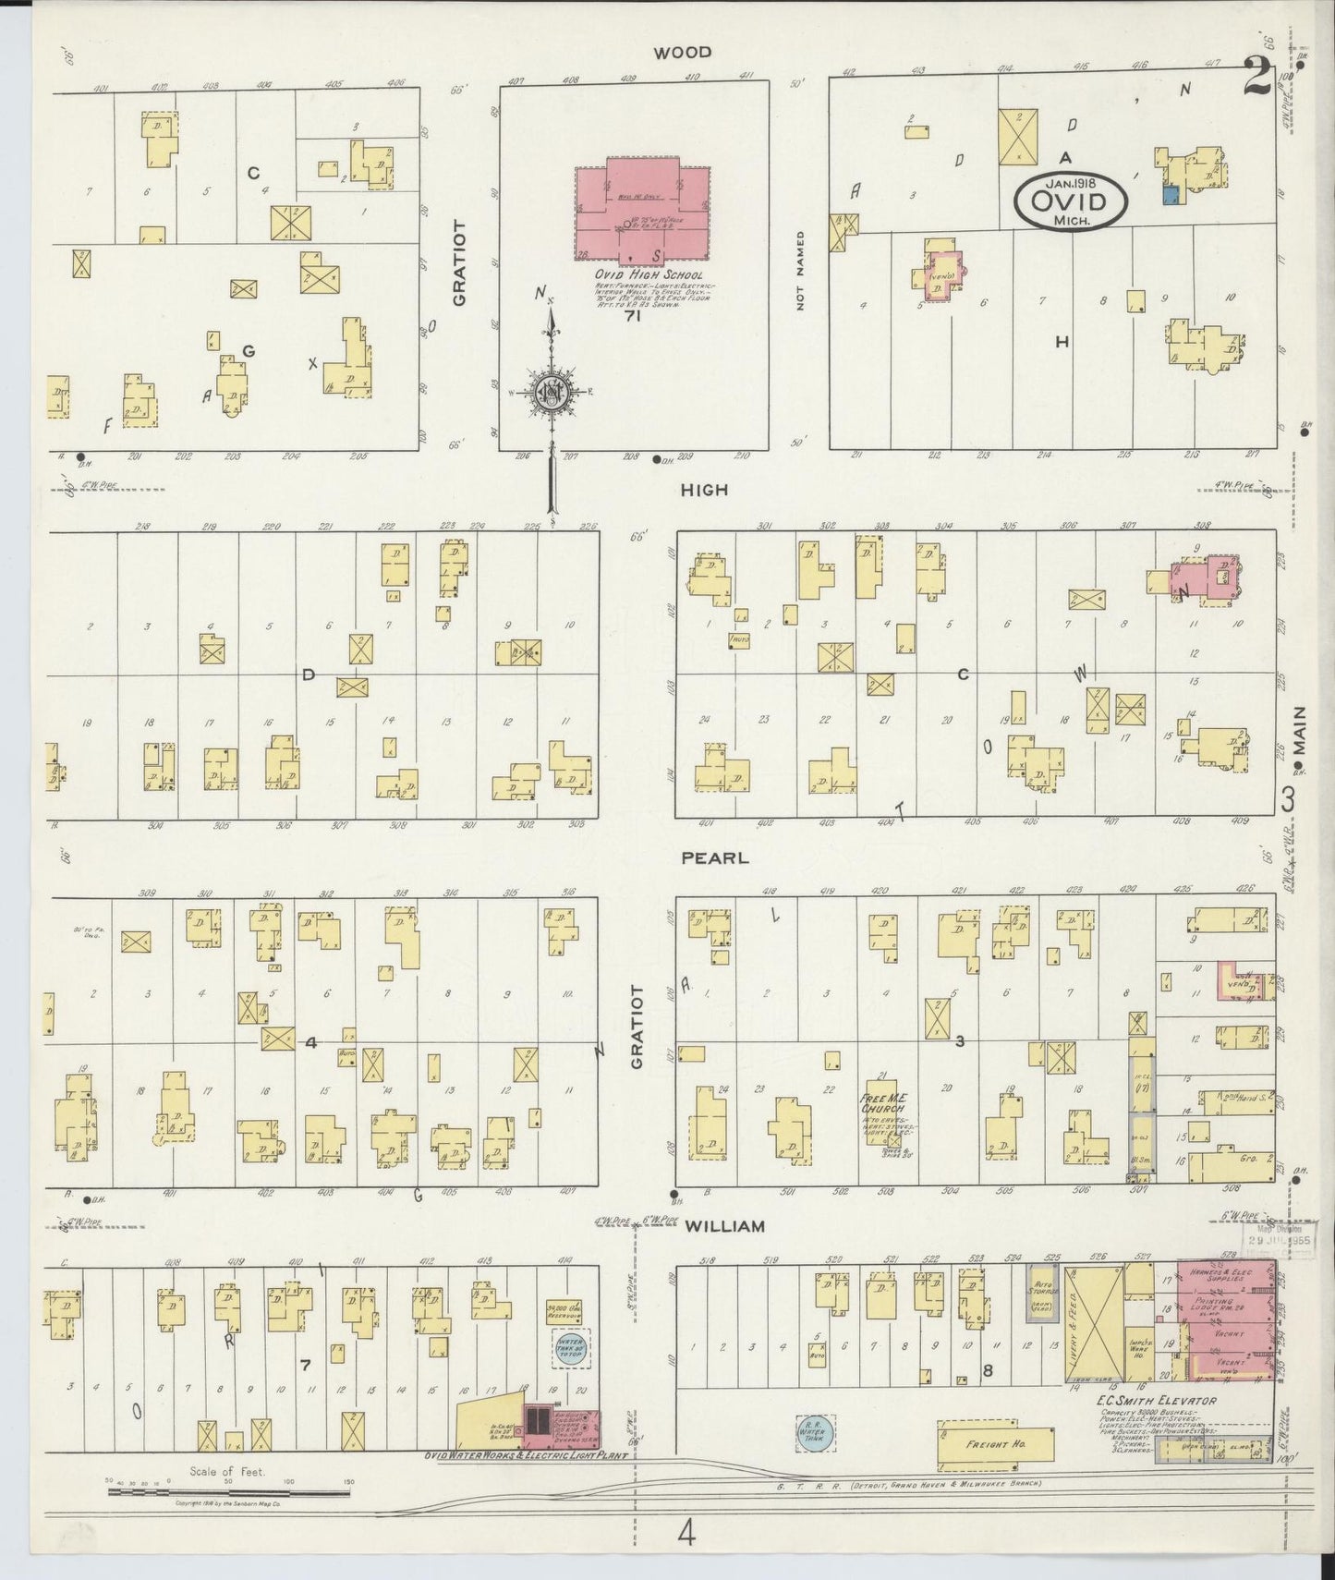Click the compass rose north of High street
coord(552,393)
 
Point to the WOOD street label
coord(683,53)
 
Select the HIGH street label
coord(703,490)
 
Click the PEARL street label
coord(714,857)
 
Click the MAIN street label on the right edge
coord(1300,738)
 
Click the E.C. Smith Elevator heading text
coord(1156,1401)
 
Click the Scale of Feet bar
coord(231,1490)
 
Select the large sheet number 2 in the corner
coord(1256,76)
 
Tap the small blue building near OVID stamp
coord(1171,194)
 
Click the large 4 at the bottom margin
coord(686,1534)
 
